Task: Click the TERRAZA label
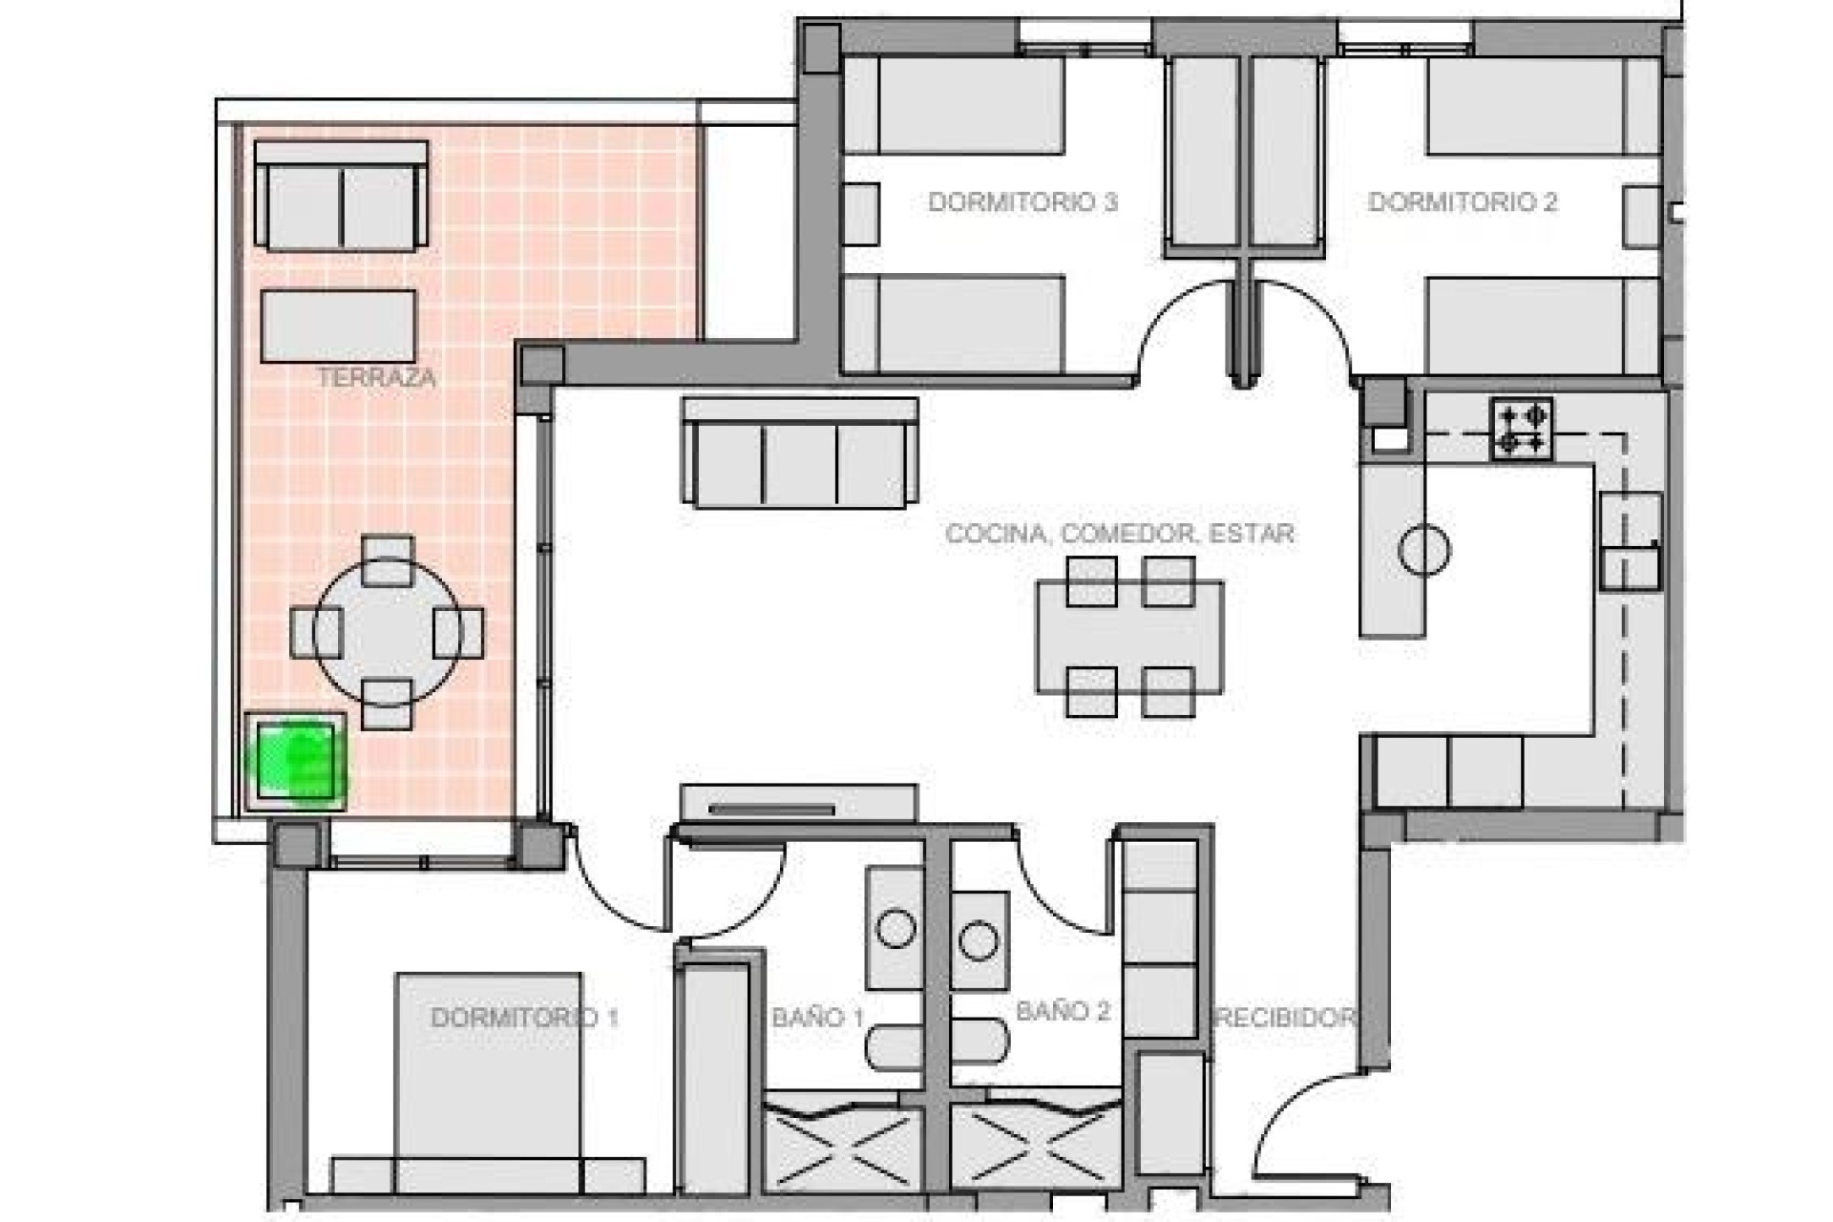coord(376,378)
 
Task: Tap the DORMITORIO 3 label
coord(1022,202)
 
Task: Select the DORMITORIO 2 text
coord(1462,202)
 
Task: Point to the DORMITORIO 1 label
coord(524,1018)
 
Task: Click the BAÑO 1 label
coord(817,1018)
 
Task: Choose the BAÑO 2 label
coord(1063,1012)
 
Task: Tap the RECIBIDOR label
coord(1284,1018)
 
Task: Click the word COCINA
coord(995,534)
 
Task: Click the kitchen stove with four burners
coord(1522,430)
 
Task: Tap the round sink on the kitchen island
coord(1423,550)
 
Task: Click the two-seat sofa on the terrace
coord(341,199)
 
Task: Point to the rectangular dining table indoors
coord(1129,637)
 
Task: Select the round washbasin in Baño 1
coord(895,929)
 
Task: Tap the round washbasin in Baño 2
coord(979,940)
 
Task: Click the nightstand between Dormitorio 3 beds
coord(860,214)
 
